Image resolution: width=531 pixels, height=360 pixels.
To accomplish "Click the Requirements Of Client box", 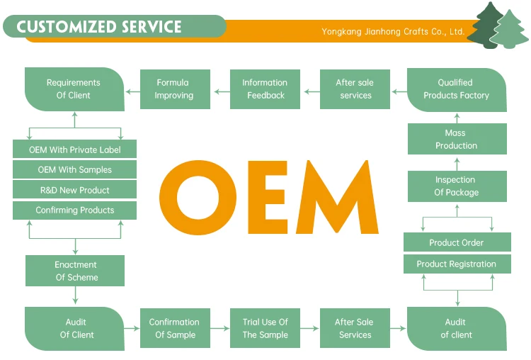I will (74, 89).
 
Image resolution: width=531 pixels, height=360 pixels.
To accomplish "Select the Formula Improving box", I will (174, 89).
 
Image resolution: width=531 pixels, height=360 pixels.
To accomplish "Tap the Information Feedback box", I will (265, 89).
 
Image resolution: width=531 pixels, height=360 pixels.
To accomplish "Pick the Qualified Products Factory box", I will (457, 89).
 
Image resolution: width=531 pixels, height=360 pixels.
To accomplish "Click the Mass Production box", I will (457, 140).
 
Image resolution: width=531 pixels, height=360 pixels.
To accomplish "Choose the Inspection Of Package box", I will (457, 186).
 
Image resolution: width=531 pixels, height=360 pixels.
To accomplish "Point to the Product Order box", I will (457, 242).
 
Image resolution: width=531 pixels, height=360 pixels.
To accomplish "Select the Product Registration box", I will (457, 264).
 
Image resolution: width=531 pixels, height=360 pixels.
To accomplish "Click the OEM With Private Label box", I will (74, 150).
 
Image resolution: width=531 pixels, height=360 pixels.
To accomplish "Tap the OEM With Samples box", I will (74, 170).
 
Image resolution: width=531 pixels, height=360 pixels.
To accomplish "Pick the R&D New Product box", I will (74, 190).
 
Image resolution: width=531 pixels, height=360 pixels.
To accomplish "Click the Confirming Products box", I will (74, 210).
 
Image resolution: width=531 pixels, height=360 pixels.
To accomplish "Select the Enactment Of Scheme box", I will (76, 271).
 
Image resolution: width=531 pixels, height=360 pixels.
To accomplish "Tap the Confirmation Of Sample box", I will (174, 328).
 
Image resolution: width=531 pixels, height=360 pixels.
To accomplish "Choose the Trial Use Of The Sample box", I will (265, 328).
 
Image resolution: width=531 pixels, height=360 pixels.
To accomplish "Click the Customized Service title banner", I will (99, 27).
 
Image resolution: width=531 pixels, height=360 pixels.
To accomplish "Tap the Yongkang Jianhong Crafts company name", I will (393, 32).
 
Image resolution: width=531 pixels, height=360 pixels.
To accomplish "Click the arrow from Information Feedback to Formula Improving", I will (221, 89).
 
